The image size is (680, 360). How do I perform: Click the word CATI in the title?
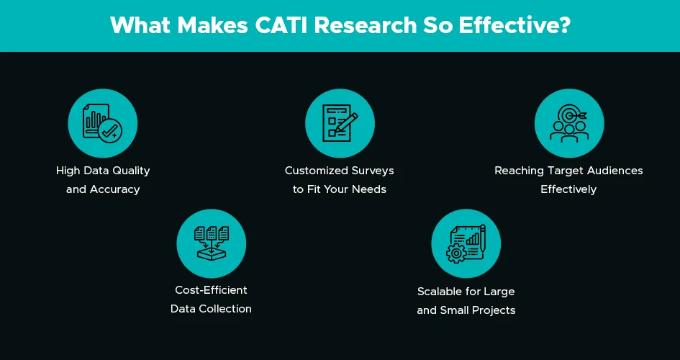[x=281, y=25]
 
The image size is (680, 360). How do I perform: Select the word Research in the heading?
[x=365, y=25]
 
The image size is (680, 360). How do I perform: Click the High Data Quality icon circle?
[x=103, y=123]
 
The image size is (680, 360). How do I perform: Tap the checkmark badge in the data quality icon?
[x=110, y=132]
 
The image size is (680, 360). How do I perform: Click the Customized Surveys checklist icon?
[x=340, y=123]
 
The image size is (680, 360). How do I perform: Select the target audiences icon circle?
[x=569, y=123]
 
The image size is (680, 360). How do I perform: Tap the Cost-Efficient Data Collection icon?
[x=212, y=243]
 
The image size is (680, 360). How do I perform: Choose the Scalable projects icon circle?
[x=466, y=243]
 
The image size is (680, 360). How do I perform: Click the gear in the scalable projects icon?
[x=455, y=253]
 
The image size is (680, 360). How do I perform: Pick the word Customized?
[x=311, y=171]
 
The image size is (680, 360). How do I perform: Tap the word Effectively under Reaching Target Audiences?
[x=568, y=189]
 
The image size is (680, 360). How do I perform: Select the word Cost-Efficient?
[x=212, y=289]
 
